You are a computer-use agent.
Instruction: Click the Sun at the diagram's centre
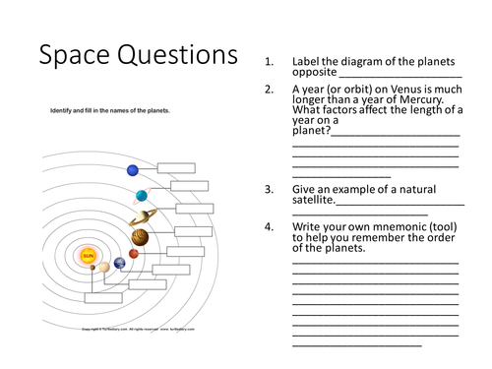[89, 256]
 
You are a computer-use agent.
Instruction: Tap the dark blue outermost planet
[133, 171]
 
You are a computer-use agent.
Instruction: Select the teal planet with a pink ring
[143, 194]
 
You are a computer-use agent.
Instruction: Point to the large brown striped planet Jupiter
[140, 237]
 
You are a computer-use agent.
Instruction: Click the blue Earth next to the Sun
[119, 263]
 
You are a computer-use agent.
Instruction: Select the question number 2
[269, 89]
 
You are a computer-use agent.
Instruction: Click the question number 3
[269, 190]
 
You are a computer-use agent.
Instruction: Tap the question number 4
[269, 227]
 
